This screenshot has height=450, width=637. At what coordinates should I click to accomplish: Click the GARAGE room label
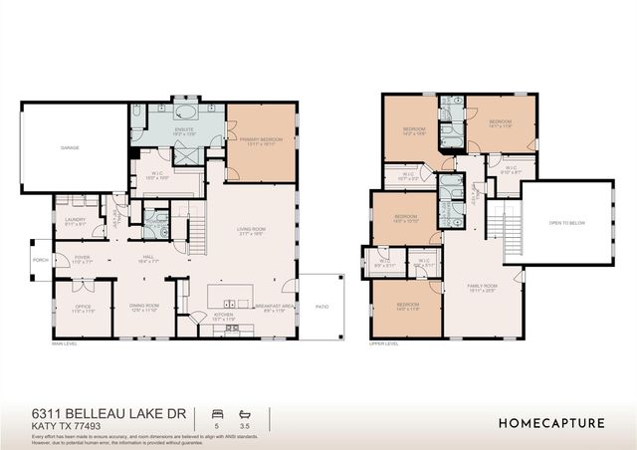[x=69, y=147]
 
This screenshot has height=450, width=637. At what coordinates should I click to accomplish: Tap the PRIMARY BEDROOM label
[x=261, y=140]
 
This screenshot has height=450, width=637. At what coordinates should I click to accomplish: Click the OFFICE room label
[x=83, y=308]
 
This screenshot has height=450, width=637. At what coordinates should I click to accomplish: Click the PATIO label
[x=320, y=307]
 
